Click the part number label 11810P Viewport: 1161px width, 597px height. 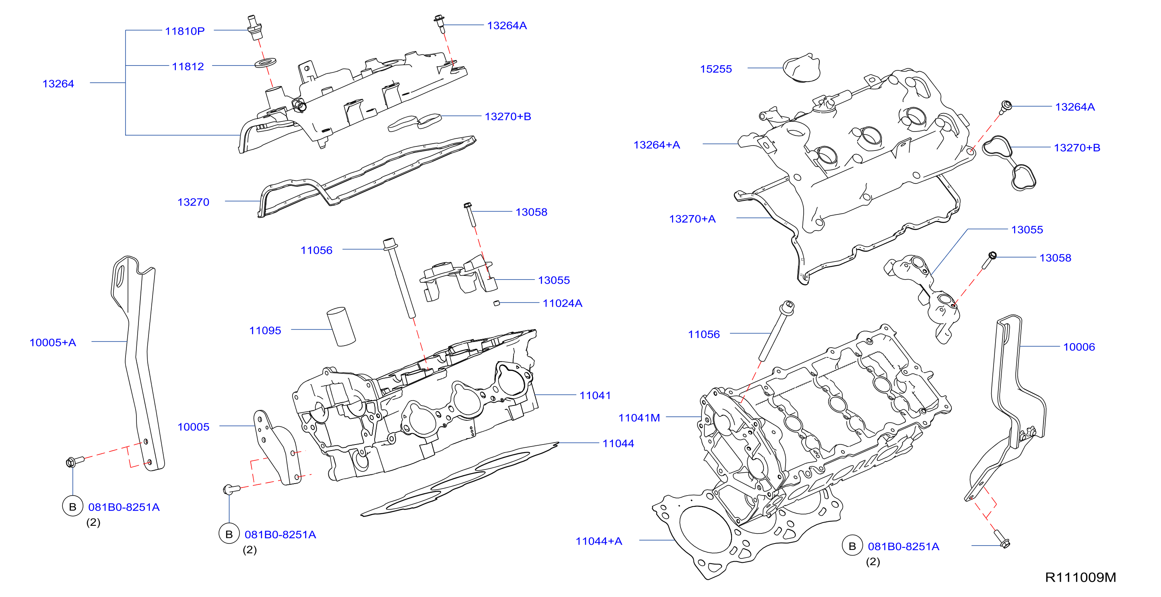pyautogui.click(x=185, y=31)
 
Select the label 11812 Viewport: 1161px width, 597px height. pyautogui.click(x=188, y=67)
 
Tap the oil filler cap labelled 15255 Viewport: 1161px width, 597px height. pyautogui.click(x=802, y=68)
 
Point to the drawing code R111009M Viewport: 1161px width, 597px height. pyautogui.click(x=1081, y=577)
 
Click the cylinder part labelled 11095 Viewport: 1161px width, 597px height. pyautogui.click(x=341, y=327)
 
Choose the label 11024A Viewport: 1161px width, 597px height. pyautogui.click(x=563, y=303)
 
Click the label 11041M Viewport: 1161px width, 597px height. pyautogui.click(x=639, y=418)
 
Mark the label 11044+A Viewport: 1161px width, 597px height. pyautogui.click(x=599, y=541)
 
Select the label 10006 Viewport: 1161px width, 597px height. pyautogui.click(x=1079, y=347)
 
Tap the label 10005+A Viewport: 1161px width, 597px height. pyautogui.click(x=53, y=342)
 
